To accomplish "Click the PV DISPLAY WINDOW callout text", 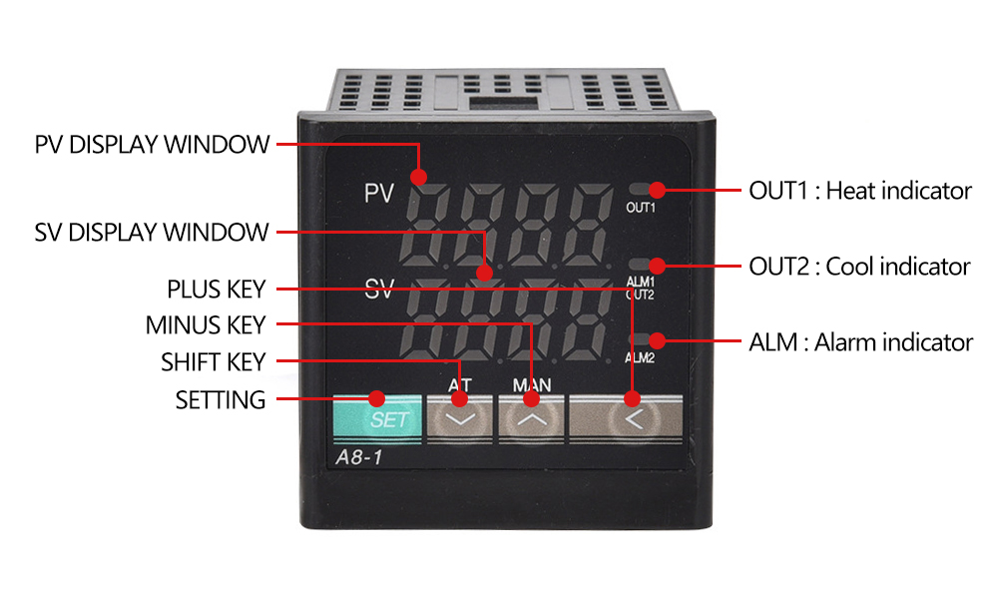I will (x=152, y=144).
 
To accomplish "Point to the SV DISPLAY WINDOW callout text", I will (x=152, y=233).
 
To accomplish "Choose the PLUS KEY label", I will (x=216, y=290).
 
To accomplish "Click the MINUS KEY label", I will (x=206, y=325).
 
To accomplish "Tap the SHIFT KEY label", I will (x=213, y=361).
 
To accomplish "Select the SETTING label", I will (x=221, y=400).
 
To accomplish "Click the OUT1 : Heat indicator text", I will (x=860, y=190).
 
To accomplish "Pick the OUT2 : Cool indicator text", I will (x=859, y=267).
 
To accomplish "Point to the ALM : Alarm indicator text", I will (x=860, y=342).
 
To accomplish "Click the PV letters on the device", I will (x=379, y=193).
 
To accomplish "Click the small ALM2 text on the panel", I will (x=640, y=357).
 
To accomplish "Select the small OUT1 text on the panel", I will (x=640, y=208).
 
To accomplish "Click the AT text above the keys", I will (x=459, y=384).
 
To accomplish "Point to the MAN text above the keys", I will (x=531, y=384).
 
